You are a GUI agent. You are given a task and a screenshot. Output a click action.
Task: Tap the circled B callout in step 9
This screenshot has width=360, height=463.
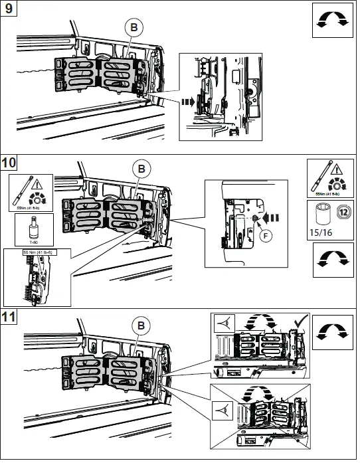tap(133, 27)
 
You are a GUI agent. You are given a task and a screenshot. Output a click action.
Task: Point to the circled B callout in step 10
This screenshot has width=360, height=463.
tap(140, 169)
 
